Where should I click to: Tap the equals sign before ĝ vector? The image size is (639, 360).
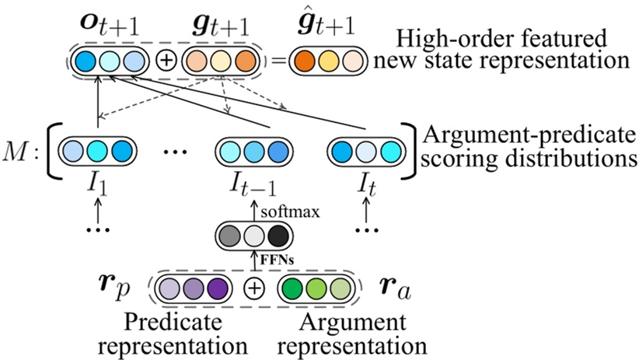pyautogui.click(x=273, y=61)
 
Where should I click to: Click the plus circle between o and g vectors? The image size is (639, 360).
pyautogui.click(x=166, y=61)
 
